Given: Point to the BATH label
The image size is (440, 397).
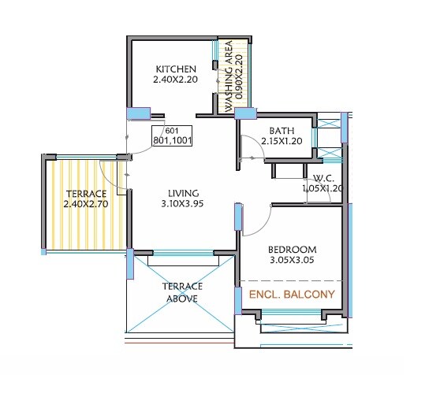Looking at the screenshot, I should pyautogui.click(x=281, y=132).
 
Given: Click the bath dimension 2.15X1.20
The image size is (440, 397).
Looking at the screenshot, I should pyautogui.click(x=281, y=143).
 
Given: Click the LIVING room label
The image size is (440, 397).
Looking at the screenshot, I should pyautogui.click(x=182, y=193).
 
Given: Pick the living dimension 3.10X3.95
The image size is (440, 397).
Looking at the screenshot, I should pyautogui.click(x=182, y=205).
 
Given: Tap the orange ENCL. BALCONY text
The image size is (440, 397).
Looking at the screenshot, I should pyautogui.click(x=292, y=295).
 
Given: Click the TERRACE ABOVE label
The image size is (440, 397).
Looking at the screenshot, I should pyautogui.click(x=183, y=292).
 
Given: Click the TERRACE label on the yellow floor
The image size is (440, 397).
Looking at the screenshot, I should pyautogui.click(x=86, y=194).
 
